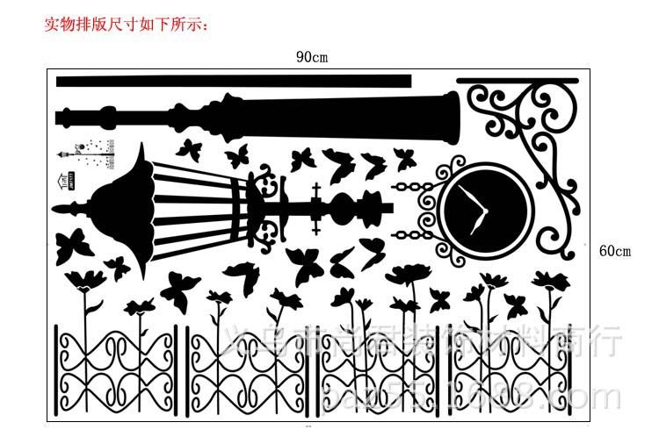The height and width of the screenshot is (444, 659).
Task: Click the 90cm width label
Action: [x=312, y=57]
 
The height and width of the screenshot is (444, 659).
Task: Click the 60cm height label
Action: [x=615, y=251]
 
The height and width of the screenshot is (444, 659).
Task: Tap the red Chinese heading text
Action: [x=127, y=24]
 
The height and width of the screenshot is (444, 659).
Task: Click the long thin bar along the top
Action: [x=233, y=82]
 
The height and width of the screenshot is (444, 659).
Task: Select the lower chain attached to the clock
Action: [x=413, y=235]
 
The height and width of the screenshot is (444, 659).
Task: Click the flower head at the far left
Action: [x=85, y=280]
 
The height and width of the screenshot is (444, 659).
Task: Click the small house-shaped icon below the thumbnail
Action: [x=62, y=181]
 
